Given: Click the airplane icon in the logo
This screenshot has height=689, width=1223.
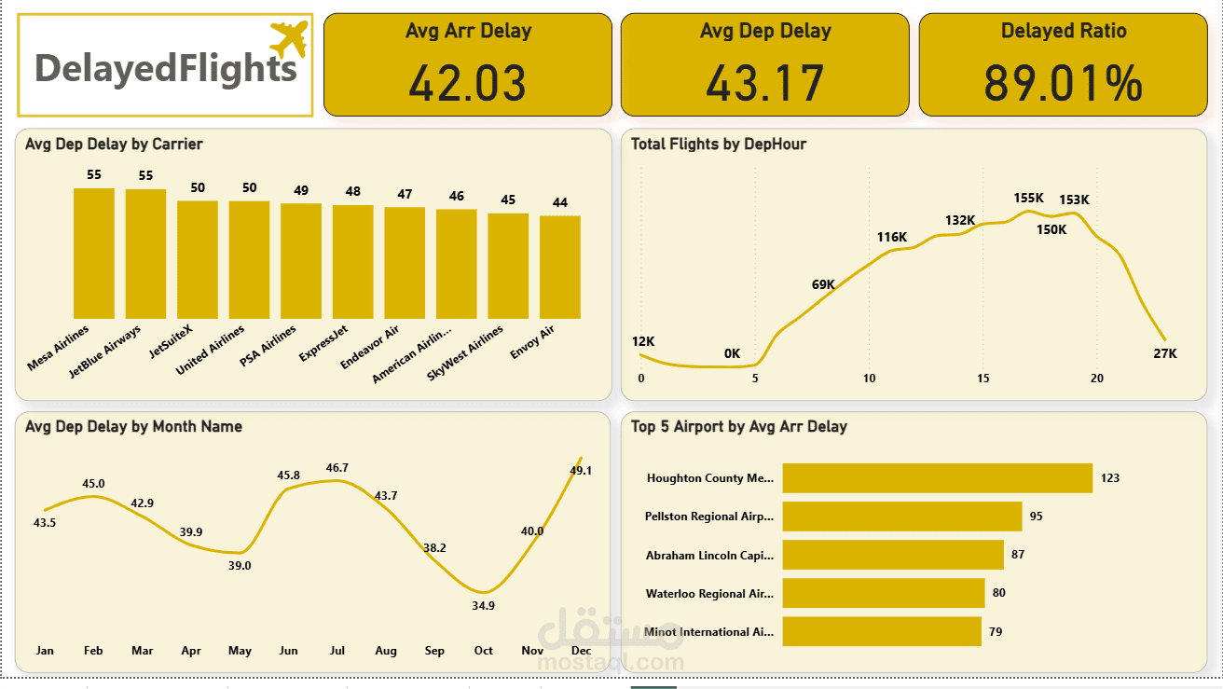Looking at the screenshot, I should coord(289,39).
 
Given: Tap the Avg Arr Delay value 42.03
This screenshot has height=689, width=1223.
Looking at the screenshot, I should coord(467,82).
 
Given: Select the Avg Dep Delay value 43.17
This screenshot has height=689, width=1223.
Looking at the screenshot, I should coord(764,82).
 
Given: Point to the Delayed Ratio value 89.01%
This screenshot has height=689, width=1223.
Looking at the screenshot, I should coord(1063,82).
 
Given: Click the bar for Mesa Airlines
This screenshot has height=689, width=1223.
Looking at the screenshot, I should coord(94,254).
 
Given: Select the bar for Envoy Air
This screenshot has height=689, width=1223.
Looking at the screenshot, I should coord(559,268).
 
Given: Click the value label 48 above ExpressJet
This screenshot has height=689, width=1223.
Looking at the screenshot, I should coord(353,191).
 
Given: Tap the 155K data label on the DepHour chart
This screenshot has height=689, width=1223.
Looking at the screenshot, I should coord(1029,198).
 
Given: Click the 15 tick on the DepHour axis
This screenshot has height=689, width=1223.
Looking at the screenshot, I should coord(983,378).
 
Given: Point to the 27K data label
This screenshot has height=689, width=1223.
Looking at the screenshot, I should coord(1165,353).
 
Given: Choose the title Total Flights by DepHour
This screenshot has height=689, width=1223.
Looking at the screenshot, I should coord(719,144).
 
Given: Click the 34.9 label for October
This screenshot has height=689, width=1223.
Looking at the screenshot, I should coord(484,605).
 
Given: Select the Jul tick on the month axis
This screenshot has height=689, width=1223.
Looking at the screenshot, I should coord(337,651).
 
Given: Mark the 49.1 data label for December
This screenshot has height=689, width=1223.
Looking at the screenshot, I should coord(581,471).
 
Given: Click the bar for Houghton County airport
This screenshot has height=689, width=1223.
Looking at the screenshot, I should coord(937,478).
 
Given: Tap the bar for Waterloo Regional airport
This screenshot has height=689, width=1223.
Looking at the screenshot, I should coord(883,593).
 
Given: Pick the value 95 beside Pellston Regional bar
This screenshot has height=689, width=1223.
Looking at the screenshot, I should coord(1036,516).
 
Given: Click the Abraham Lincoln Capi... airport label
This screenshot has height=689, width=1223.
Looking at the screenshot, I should coord(709,555).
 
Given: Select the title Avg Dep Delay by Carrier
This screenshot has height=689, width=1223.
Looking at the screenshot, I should coord(114,144).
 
